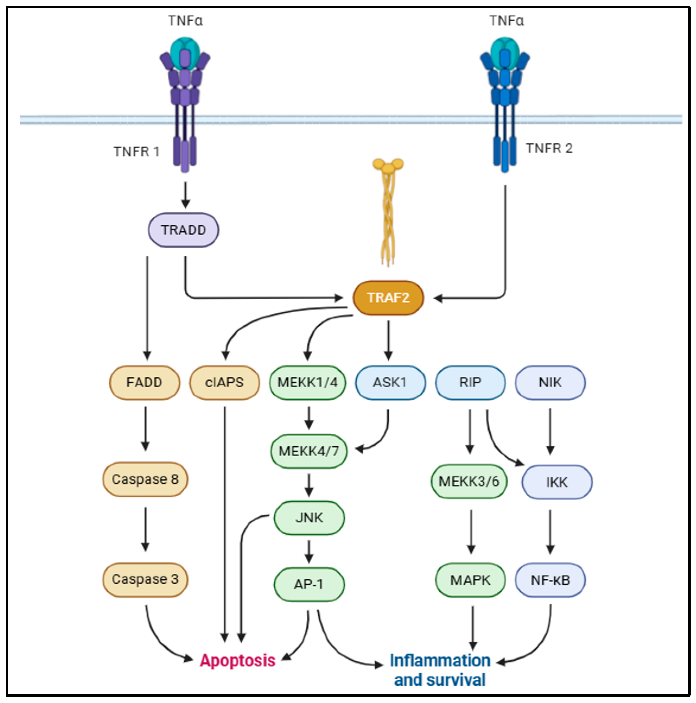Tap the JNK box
click(x=309, y=518)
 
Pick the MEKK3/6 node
click(x=469, y=481)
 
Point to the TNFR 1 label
click(x=136, y=151)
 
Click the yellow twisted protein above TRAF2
click(x=388, y=211)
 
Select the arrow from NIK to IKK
click(x=550, y=431)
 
